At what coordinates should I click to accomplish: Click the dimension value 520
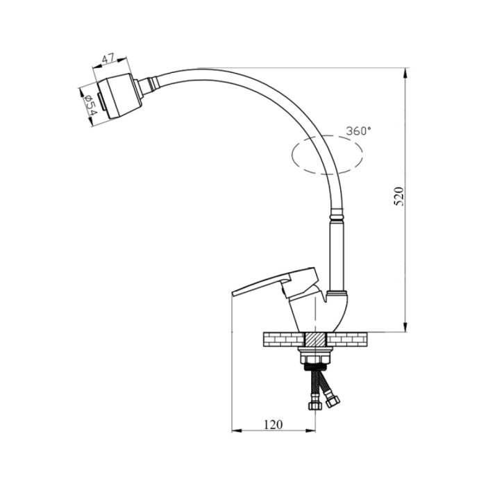pyautogui.click(x=399, y=196)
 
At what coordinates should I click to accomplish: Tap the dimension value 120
pyautogui.click(x=273, y=424)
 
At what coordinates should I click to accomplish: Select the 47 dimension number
pyautogui.click(x=108, y=58)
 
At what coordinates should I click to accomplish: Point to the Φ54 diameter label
pyautogui.click(x=90, y=105)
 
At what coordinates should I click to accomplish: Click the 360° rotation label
pyautogui.click(x=358, y=131)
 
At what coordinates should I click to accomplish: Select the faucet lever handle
pyautogui.click(x=274, y=283)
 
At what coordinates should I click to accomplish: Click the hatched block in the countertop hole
pyautogui.click(x=315, y=340)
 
